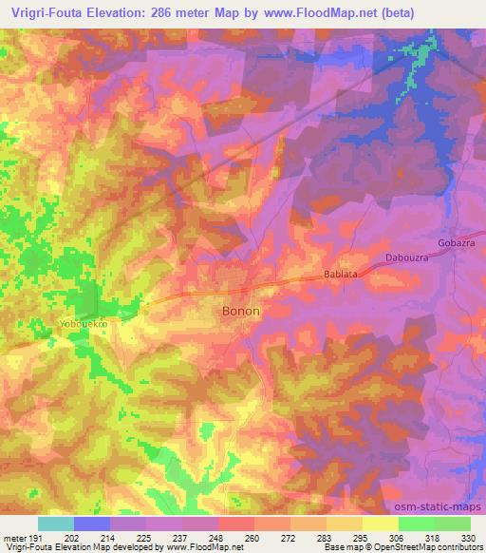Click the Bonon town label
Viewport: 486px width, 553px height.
[x=240, y=311]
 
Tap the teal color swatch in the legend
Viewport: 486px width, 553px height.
[x=55, y=524]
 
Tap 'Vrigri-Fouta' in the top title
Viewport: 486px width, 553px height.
[x=46, y=10]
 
